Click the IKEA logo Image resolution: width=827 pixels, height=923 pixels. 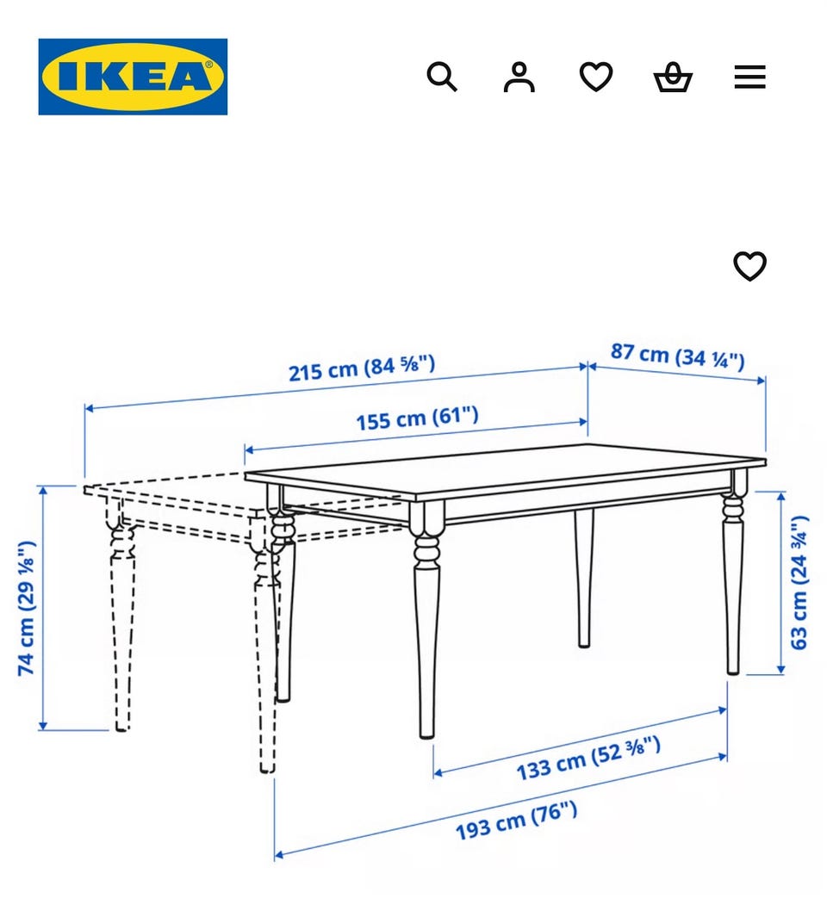click(x=133, y=77)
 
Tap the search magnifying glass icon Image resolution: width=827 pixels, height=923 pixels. click(x=442, y=77)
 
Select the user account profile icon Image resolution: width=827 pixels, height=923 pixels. click(x=519, y=77)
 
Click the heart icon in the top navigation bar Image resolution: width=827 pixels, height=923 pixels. click(x=596, y=77)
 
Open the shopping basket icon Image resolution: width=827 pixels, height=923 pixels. click(x=673, y=77)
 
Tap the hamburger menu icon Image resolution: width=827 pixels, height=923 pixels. click(x=749, y=77)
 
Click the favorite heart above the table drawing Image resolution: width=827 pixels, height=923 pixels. click(x=749, y=266)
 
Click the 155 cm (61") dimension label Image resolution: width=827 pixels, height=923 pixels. click(x=417, y=418)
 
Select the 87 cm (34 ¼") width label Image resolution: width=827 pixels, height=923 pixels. click(x=677, y=356)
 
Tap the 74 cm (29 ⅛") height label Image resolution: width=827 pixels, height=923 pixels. click(x=27, y=608)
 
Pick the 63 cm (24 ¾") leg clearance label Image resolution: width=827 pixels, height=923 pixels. click(x=799, y=583)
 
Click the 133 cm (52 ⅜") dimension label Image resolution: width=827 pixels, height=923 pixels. click(x=588, y=759)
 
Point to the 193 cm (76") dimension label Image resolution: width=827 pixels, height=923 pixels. click(x=517, y=821)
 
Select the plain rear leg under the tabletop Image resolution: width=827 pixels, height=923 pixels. click(x=584, y=578)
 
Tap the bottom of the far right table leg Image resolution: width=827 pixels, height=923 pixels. click(x=733, y=670)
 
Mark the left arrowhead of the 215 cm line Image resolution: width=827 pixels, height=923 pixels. click(x=89, y=408)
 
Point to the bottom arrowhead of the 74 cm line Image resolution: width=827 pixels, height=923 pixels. click(x=42, y=725)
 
